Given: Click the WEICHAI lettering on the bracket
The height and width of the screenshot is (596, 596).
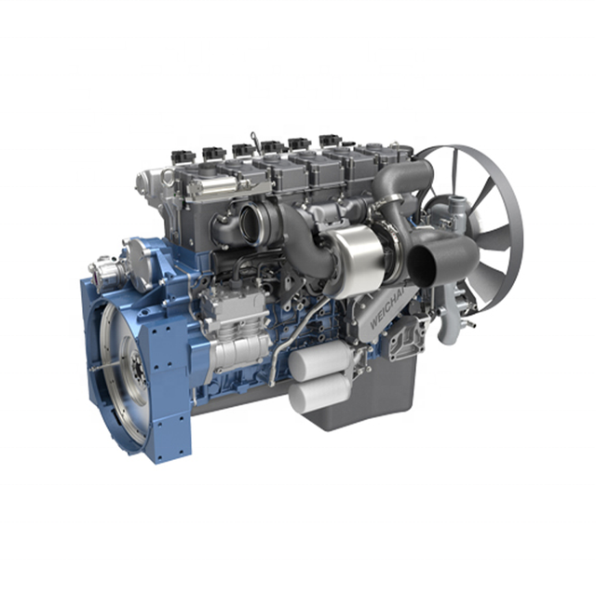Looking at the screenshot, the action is tap(387, 309).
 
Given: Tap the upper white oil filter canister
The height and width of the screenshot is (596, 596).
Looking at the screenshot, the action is tap(320, 360).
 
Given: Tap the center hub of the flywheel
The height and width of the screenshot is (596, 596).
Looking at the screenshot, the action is tap(137, 367).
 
